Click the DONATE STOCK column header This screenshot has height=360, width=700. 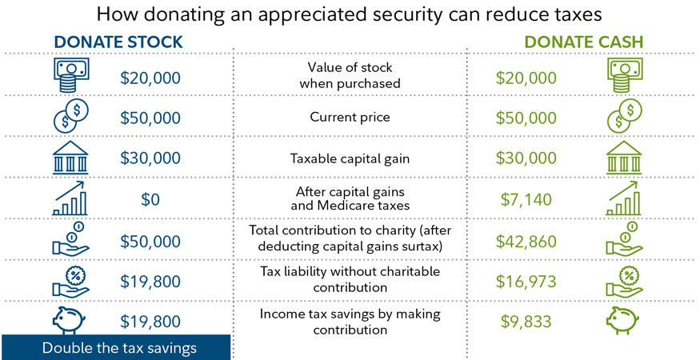(x=118, y=42)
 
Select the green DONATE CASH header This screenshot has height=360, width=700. (x=583, y=42)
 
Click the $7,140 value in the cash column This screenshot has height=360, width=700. (x=526, y=199)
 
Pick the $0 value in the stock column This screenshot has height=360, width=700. (x=150, y=199)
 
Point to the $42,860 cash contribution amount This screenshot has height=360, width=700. (x=526, y=241)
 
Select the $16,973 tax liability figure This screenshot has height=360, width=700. (x=526, y=281)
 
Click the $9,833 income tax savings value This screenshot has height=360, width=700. (x=526, y=322)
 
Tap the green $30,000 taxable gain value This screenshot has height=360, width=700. (x=526, y=158)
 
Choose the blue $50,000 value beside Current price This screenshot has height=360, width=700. (x=150, y=118)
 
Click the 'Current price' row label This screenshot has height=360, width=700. (x=350, y=118)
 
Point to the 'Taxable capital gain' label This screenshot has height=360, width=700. (x=350, y=158)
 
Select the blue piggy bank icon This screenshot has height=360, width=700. (x=70, y=321)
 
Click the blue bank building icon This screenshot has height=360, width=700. (x=70, y=158)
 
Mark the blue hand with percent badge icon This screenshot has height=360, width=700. (x=70, y=280)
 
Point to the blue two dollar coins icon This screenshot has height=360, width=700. (x=70, y=117)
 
